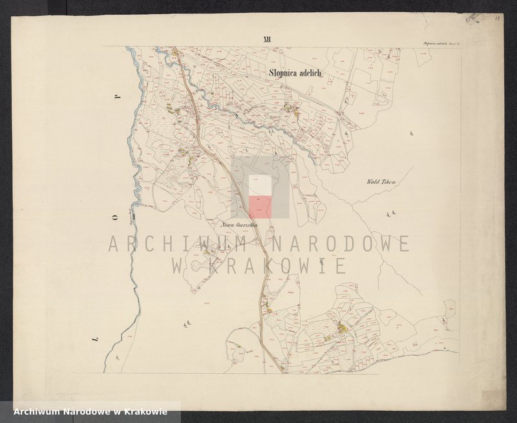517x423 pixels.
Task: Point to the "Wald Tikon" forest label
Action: (379, 182)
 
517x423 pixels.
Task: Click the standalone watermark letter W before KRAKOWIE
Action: (179, 266)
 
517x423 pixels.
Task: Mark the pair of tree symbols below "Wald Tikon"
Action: (389, 212)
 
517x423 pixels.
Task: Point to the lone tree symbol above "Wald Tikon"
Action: (412, 134)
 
